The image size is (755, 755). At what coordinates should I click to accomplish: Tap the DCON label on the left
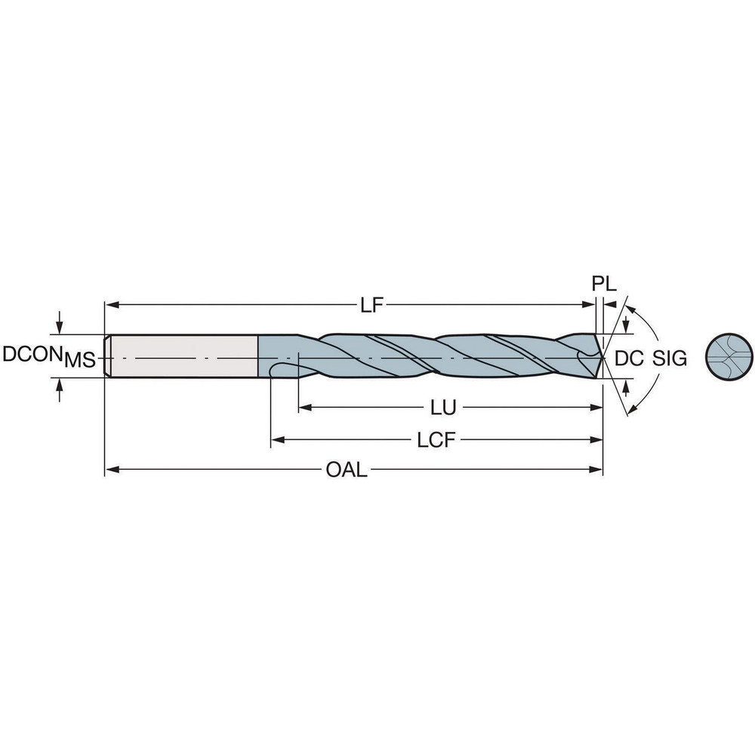coord(31,354)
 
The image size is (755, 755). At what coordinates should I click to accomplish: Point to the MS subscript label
coord(79,360)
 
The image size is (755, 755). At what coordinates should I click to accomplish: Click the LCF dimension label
coord(437,440)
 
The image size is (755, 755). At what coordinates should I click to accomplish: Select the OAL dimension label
coord(347,471)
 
